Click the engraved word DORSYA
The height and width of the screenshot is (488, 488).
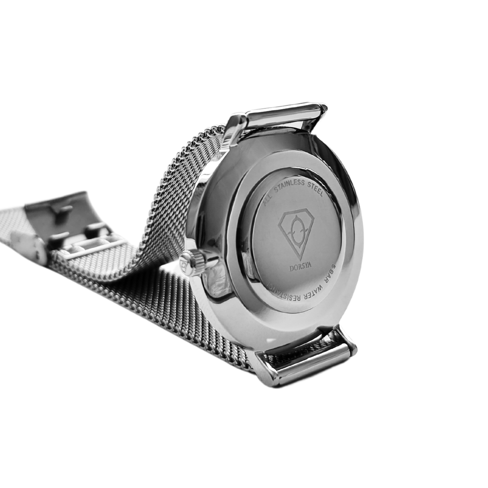(300, 267)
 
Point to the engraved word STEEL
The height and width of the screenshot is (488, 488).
(315, 189)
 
